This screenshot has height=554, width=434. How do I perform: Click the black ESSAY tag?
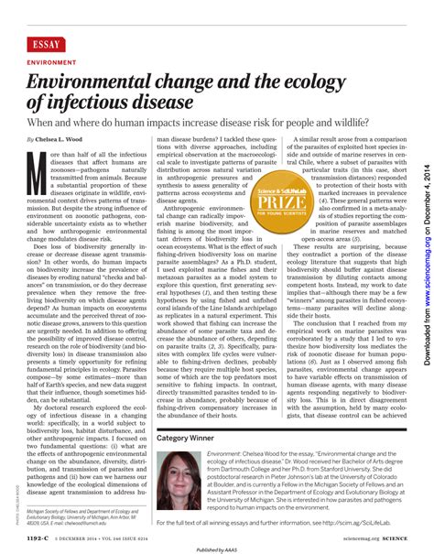[x=47, y=44]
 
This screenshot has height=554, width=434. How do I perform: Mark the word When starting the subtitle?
[x=42, y=122]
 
